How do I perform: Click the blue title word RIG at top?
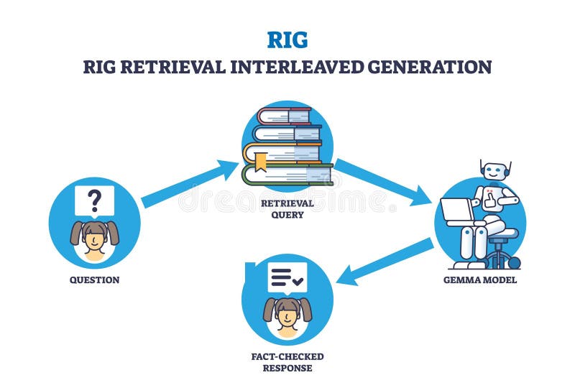(x=287, y=37)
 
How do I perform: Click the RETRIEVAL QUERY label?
(x=287, y=208)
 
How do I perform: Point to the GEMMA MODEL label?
(x=480, y=280)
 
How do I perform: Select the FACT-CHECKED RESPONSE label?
(x=287, y=362)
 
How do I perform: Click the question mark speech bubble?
(x=94, y=202)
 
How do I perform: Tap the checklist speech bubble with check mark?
(x=287, y=277)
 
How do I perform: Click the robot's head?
(x=494, y=170)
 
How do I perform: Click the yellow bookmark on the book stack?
(x=259, y=162)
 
